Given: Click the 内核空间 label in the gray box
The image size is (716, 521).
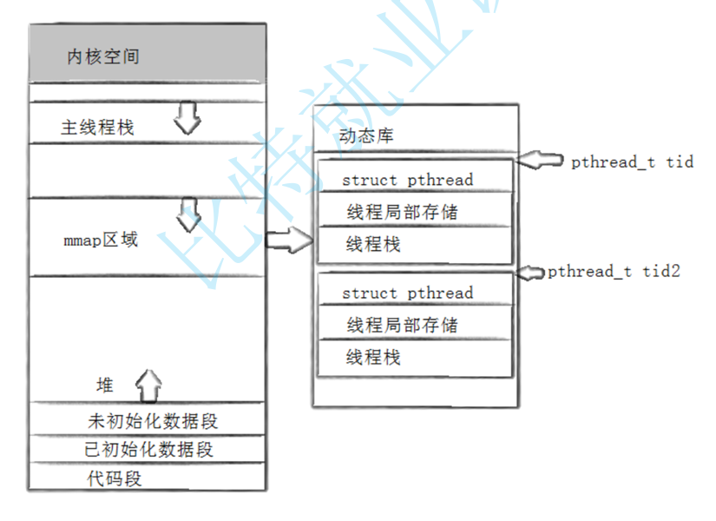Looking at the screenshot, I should coord(102,57).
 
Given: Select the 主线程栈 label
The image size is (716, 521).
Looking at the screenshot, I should coord(97,128).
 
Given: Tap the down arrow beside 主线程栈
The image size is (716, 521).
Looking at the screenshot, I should coord(187,118).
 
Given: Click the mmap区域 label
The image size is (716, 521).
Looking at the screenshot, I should coord(101,240).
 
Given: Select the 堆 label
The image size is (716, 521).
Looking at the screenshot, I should coord(104,385).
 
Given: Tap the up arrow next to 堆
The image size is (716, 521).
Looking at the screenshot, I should coord(149,381).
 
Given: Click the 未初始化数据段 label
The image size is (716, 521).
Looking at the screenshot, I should coord(152,422).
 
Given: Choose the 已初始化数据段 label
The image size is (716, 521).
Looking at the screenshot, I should coord(148,450).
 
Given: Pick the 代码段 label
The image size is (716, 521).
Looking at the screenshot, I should coord(114,478).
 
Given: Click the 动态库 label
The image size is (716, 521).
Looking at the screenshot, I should coord(367,136).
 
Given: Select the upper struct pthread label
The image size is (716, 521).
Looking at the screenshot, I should coord(407,180).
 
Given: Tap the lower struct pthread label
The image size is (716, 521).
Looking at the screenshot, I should coord(407,293).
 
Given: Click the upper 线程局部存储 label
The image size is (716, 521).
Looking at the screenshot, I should coord(403,212).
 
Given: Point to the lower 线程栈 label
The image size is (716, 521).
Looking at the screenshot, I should coord(373,357).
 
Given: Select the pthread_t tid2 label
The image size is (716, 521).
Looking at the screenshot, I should coord(614,272).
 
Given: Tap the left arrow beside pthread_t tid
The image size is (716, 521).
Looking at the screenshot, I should coord(542,161).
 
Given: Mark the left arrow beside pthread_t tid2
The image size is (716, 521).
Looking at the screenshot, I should coord(530,273).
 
